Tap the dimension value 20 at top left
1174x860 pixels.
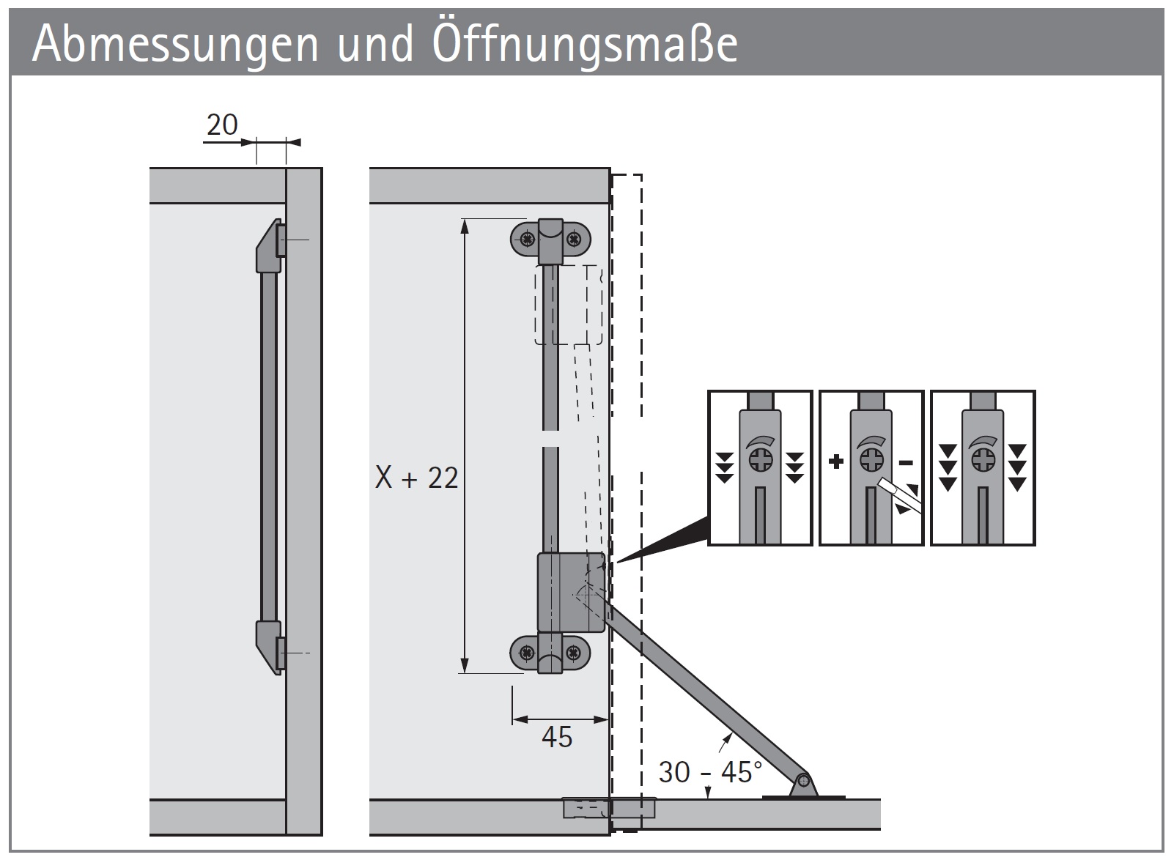click(221, 125)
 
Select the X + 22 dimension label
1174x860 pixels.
click(416, 478)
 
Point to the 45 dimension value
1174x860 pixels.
click(556, 737)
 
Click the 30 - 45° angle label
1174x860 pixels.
click(709, 772)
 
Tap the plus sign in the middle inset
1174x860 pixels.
click(836, 461)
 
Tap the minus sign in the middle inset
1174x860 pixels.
click(906, 462)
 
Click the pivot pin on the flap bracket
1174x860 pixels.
click(803, 780)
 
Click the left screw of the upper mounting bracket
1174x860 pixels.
click(526, 238)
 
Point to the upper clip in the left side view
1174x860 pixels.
click(268, 245)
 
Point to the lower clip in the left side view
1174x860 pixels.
click(268, 645)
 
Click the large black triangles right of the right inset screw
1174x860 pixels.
click(1016, 467)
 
